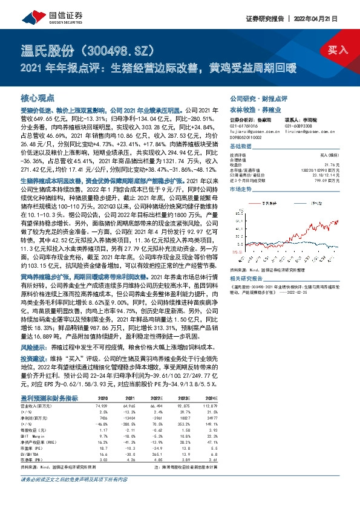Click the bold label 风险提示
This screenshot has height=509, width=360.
pyautogui.click(x=33, y=349)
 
